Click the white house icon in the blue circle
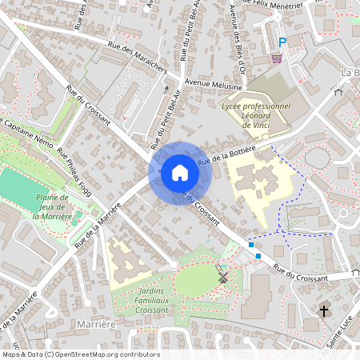(x=179, y=173)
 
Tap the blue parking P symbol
(x=282, y=42)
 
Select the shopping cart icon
(x=277, y=58)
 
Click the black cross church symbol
(x=324, y=310)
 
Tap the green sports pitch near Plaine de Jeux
(x=21, y=186)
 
